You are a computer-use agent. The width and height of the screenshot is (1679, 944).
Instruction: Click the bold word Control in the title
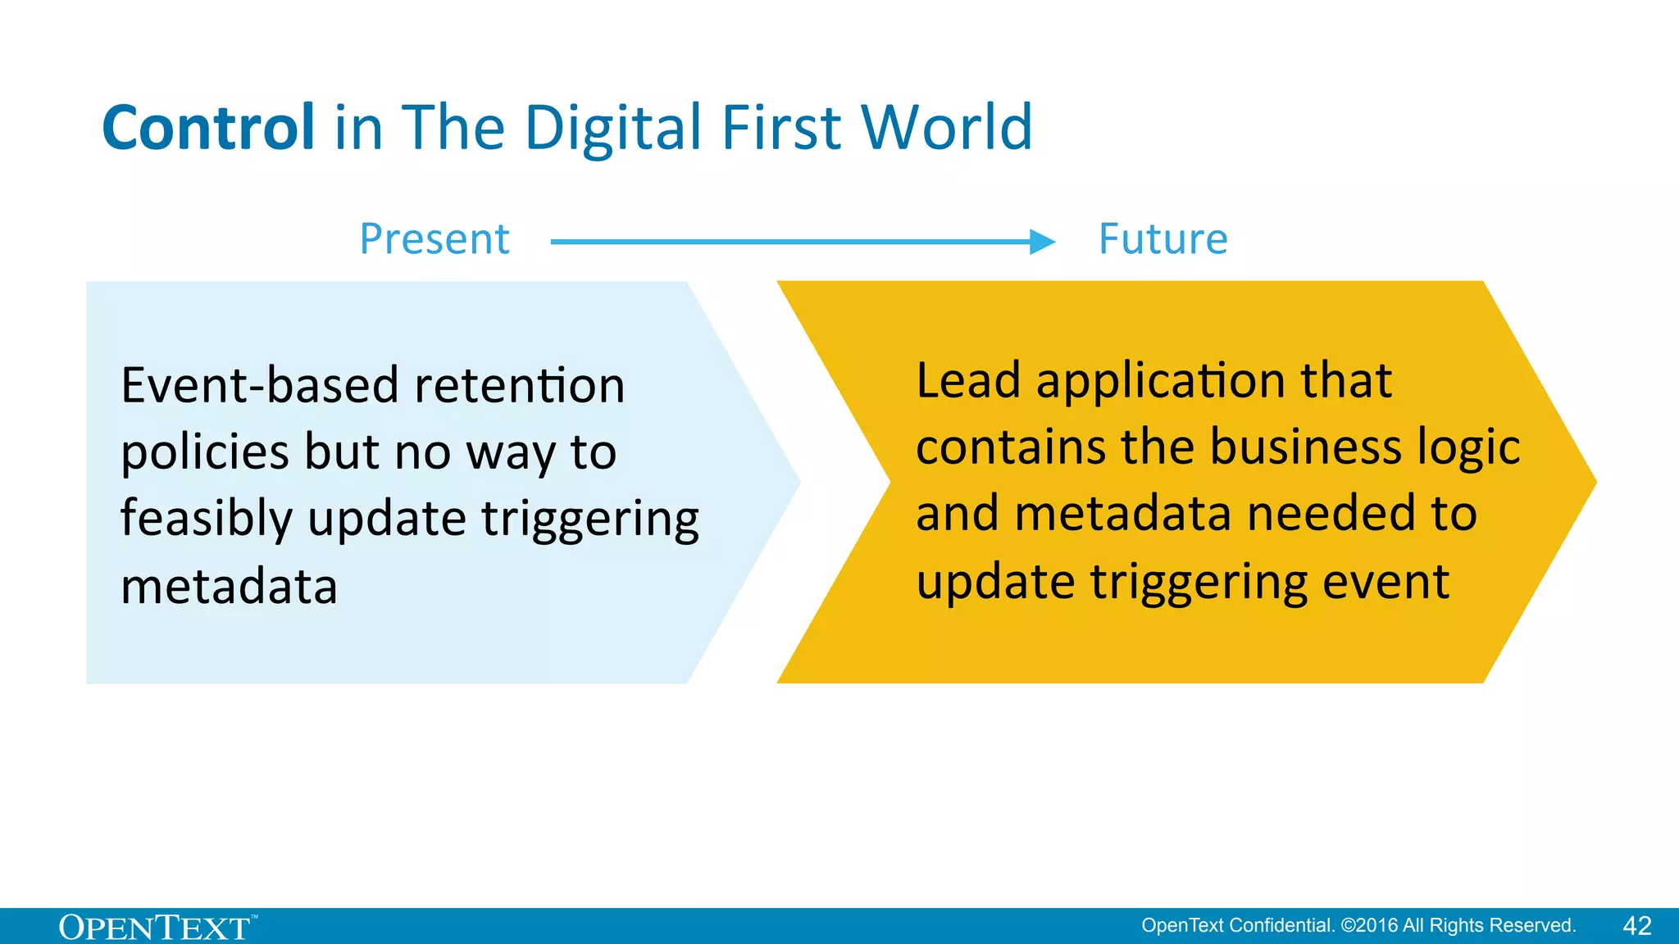208,128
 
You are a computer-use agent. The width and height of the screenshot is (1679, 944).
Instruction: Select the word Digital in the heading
613,129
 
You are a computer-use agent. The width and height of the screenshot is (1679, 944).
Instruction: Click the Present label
435,239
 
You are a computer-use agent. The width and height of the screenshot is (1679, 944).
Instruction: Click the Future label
1163,239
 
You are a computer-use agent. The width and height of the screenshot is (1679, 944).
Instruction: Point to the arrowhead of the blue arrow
1042,242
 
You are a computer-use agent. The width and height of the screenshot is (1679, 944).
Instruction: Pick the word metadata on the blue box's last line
229,587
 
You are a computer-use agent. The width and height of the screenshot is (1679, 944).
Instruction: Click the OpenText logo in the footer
156,928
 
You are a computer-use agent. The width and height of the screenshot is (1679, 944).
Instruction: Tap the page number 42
1636,926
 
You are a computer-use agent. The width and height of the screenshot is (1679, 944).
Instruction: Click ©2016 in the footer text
1369,926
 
